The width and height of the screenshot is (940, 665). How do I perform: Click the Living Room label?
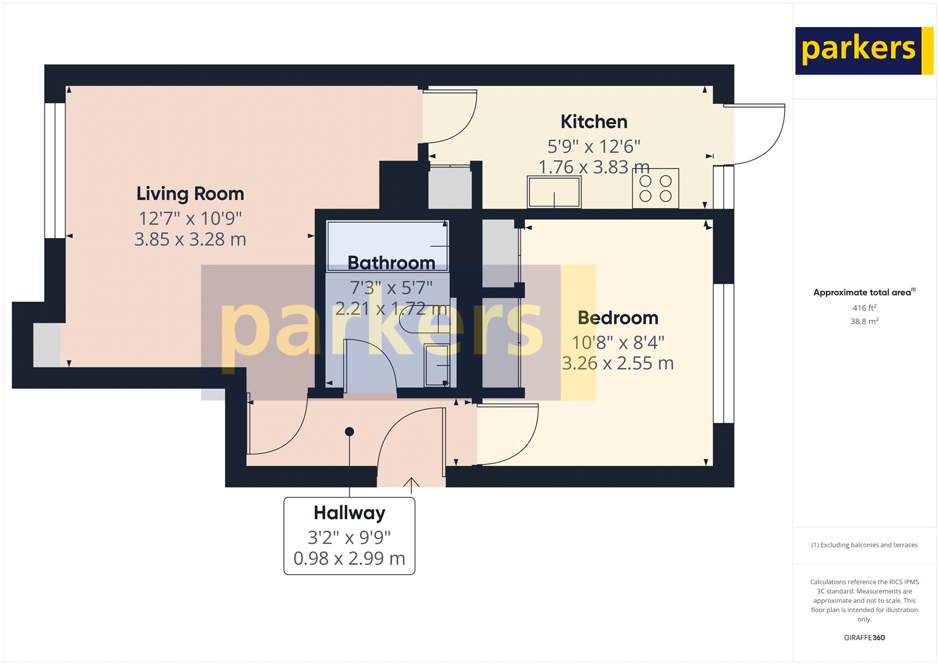[190, 193]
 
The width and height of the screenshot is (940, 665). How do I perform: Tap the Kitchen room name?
[594, 122]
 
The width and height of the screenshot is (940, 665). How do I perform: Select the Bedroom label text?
[618, 318]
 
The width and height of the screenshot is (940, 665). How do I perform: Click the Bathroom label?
[391, 262]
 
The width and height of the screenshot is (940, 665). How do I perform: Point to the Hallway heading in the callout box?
[350, 513]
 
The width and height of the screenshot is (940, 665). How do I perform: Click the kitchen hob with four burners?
[656, 188]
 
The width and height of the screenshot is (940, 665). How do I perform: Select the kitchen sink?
[554, 192]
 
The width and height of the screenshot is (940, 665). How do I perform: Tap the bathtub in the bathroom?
[387, 245]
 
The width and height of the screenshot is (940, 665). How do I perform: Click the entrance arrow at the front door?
[411, 484]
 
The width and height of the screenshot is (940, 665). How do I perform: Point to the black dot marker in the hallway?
[350, 432]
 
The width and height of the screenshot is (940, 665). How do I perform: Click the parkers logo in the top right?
[864, 51]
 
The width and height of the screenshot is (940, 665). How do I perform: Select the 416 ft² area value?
[864, 308]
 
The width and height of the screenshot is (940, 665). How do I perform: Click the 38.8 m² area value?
[864, 321]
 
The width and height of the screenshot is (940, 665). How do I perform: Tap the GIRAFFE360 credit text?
[864, 637]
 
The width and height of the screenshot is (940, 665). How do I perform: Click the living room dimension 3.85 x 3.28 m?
[190, 239]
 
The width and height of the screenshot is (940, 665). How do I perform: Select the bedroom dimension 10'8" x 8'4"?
[618, 342]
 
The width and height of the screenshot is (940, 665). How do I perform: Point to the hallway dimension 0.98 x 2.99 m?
[350, 558]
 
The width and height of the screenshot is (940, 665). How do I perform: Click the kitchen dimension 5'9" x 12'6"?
[594, 146]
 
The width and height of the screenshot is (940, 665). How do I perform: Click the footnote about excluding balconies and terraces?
[864, 545]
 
